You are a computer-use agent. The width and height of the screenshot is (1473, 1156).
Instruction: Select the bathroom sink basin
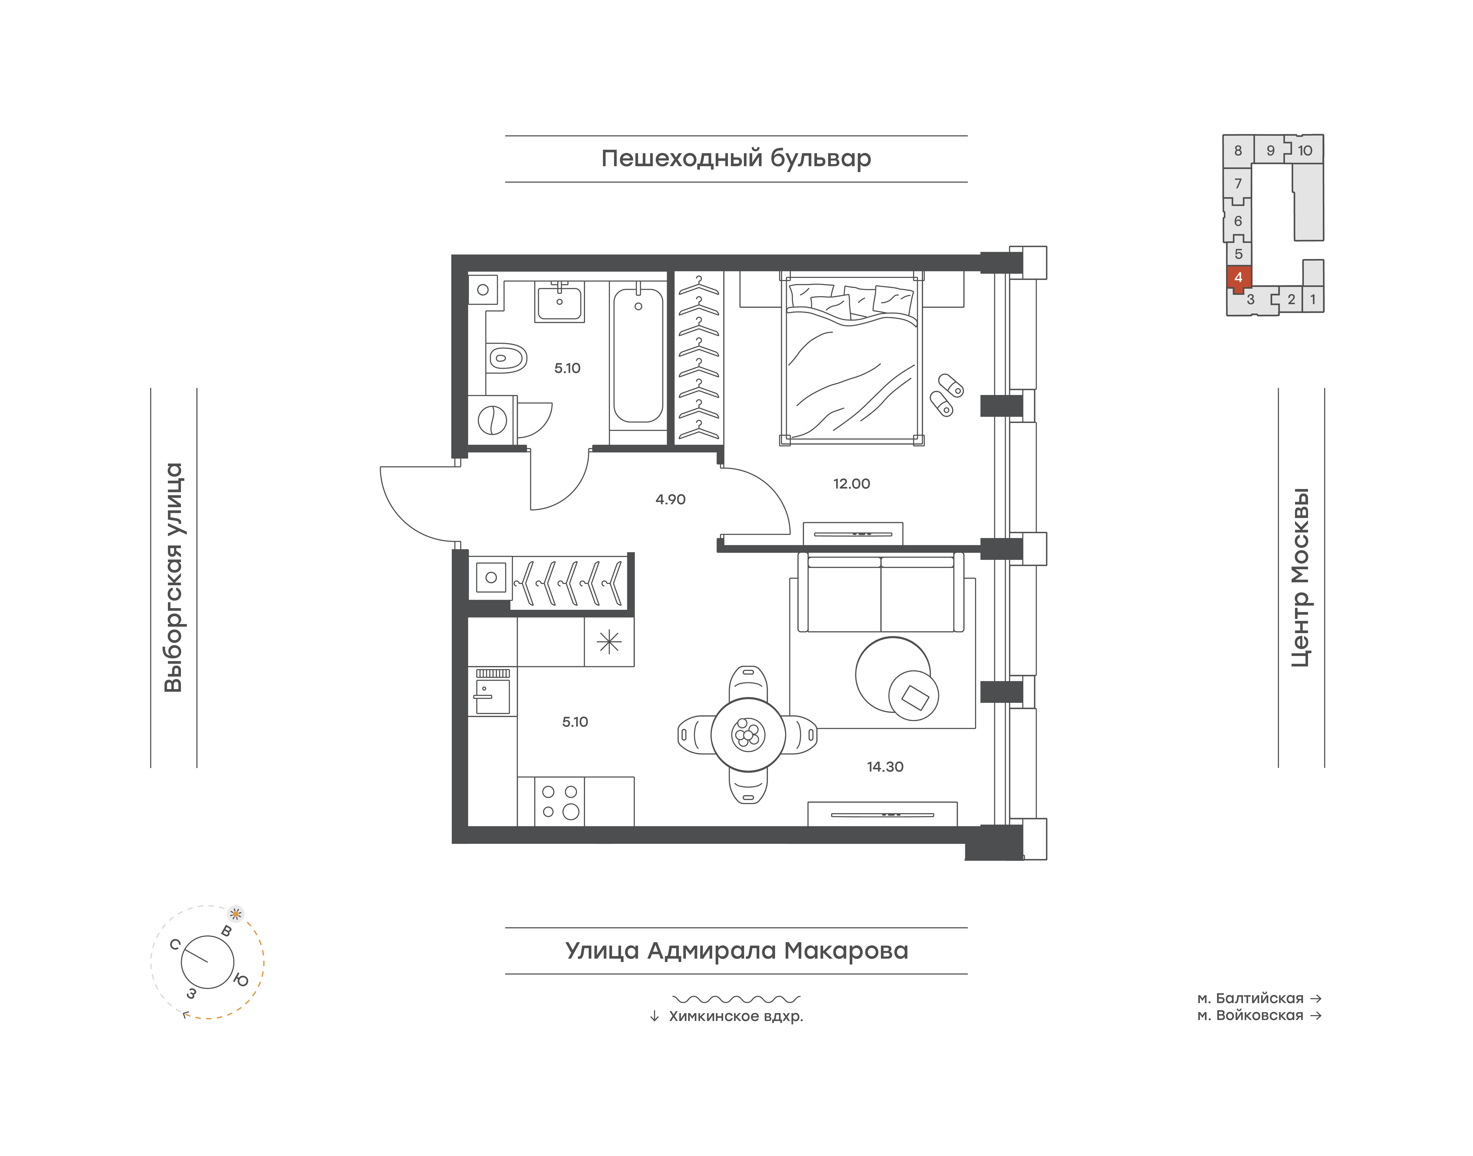(x=559, y=302)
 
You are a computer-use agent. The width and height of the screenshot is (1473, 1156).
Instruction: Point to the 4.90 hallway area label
(x=670, y=500)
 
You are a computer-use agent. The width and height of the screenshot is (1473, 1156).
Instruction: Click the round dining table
(x=748, y=734)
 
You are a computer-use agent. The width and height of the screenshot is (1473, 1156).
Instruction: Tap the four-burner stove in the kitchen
(x=560, y=801)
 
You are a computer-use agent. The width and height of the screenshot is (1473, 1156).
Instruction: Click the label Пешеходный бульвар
(x=736, y=158)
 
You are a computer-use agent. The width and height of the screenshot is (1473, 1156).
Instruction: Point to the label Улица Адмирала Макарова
(x=736, y=950)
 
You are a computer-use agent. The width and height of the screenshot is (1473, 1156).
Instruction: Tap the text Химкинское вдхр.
(x=736, y=1016)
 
